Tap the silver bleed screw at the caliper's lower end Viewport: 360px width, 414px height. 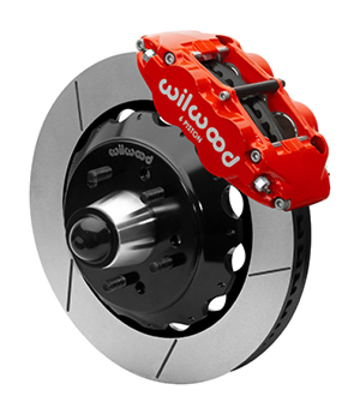tap(262, 184)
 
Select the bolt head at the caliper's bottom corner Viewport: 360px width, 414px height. tap(280, 203)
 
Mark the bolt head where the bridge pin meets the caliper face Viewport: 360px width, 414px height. tap(223, 96)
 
